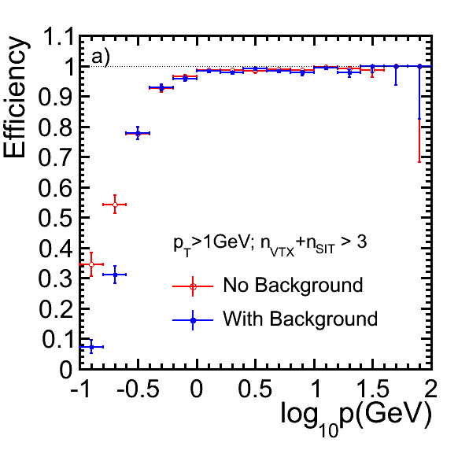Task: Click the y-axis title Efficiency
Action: [x=16, y=97]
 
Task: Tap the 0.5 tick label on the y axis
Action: [x=56, y=218]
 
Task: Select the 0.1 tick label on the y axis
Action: [x=57, y=339]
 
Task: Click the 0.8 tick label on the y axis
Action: [x=56, y=127]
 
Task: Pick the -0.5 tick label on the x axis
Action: [x=138, y=389]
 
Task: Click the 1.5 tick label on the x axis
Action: [x=373, y=389]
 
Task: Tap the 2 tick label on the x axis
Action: [x=430, y=389]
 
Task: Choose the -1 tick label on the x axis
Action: [x=79, y=389]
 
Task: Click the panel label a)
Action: [x=101, y=57]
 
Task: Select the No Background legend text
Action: [x=293, y=285]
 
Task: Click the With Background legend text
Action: [x=301, y=319]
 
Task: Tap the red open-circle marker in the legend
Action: [x=193, y=286]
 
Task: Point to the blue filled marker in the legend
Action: [x=193, y=320]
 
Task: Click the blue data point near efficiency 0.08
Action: [x=91, y=347]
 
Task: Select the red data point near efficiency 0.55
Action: [x=115, y=205]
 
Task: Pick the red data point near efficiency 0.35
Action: [x=91, y=264]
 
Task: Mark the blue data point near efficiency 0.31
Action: [x=115, y=275]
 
